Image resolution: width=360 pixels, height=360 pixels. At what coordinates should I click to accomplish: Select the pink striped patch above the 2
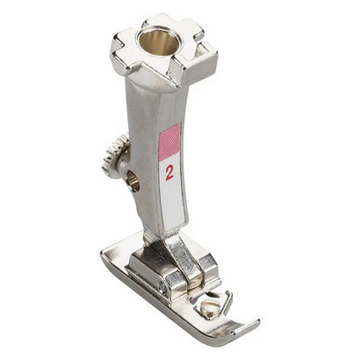coord(169,140)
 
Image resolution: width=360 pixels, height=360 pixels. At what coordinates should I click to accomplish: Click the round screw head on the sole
coord(210,306)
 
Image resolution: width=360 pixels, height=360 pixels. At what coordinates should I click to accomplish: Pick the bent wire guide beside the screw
coord(227,299)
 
